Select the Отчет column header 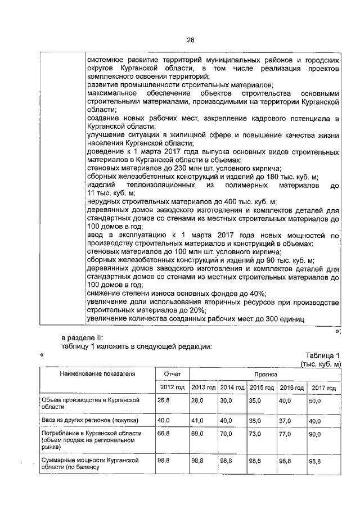click(172, 373)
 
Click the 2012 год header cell click(172, 388)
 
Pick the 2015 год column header click(262, 388)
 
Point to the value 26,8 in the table click(163, 400)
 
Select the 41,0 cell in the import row click(197, 421)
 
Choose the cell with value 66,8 click(163, 435)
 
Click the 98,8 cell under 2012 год click(163, 461)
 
